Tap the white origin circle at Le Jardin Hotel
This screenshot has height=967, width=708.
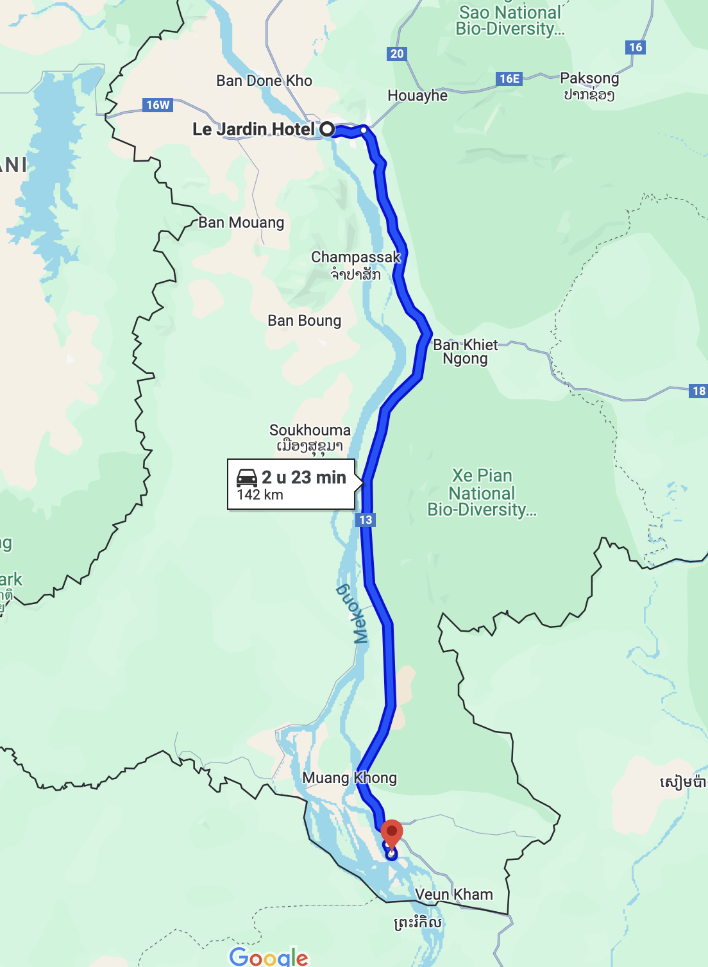[327, 129]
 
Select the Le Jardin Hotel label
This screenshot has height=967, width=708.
[254, 129]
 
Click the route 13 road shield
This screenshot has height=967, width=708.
[366, 520]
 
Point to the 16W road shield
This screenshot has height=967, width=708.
[158, 105]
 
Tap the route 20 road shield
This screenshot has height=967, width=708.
[397, 54]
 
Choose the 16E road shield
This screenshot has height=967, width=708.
[509, 79]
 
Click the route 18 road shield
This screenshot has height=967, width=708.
[698, 391]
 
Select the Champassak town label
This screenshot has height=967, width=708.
[356, 258]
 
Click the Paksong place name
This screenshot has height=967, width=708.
[589, 79]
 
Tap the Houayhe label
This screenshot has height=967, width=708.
[417, 96]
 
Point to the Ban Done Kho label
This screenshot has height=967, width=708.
[264, 81]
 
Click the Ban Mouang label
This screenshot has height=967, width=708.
[241, 223]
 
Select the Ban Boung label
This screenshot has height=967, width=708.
[305, 321]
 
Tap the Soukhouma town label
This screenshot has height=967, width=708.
[310, 430]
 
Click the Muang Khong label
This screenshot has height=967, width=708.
[350, 778]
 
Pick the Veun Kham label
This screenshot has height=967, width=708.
[454, 895]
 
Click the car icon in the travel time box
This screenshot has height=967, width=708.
[247, 478]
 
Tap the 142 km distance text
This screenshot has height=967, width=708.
[260, 495]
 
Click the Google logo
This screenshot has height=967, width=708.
[269, 956]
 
